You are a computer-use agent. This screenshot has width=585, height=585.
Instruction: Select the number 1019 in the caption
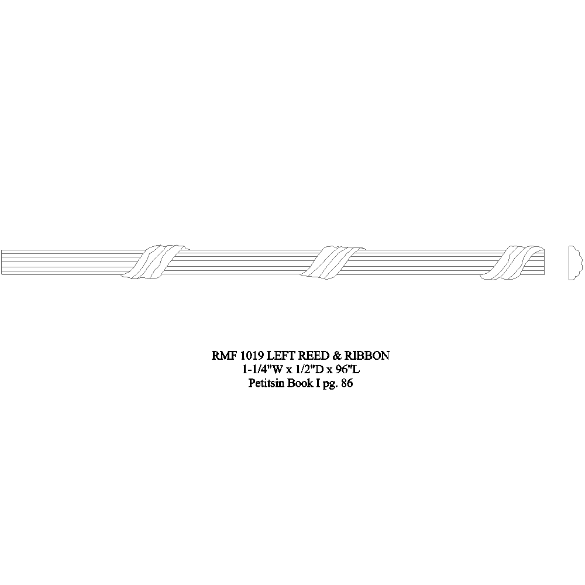coord(252,355)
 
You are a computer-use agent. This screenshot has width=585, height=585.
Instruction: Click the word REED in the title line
coord(315,355)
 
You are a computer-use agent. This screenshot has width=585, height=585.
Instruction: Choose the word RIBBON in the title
coord(367,355)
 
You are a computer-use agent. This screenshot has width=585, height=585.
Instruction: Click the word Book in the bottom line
coord(298,384)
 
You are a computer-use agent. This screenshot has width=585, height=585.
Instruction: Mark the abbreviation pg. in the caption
coord(330,385)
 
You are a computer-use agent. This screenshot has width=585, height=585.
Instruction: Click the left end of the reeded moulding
coord(3,263)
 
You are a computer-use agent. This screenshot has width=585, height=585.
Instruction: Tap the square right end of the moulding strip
coord(543,263)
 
